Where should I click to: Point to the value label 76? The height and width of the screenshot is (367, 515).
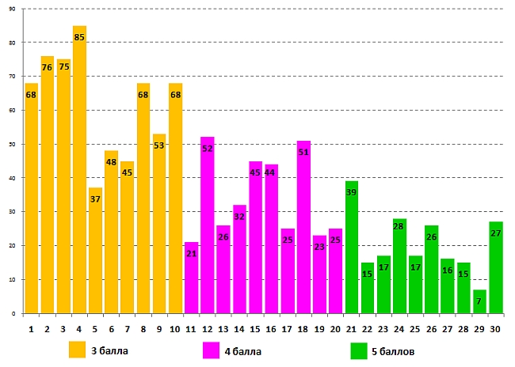pos(47,67)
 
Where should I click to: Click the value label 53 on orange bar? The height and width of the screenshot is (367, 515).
pos(159,146)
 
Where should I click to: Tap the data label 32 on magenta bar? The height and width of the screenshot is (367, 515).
pos(240,216)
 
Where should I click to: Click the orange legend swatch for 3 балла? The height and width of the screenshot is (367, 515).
pos(77,350)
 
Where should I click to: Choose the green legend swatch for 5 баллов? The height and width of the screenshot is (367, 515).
pos(358,350)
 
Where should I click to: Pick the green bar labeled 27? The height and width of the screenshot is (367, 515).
pos(496,268)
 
